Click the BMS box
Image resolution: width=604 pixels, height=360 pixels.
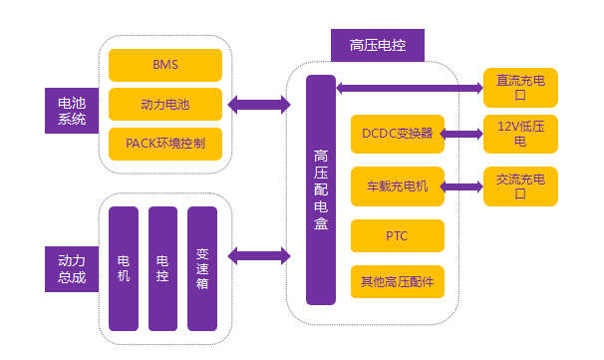click(x=164, y=65)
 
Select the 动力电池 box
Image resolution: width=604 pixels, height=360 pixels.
click(x=164, y=104)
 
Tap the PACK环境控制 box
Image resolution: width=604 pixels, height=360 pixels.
click(x=164, y=143)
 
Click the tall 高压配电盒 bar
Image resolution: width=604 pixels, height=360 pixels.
click(x=321, y=189)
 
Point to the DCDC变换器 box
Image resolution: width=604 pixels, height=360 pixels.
click(x=398, y=134)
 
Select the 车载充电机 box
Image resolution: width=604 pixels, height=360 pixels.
click(x=398, y=185)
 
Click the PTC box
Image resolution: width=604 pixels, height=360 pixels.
click(x=398, y=236)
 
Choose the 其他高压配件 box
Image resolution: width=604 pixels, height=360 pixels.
click(x=398, y=282)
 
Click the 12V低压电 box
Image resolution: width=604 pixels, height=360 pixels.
click(x=519, y=134)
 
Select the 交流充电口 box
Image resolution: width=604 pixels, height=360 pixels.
click(x=519, y=186)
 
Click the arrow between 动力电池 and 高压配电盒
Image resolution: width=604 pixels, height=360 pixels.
click(x=258, y=103)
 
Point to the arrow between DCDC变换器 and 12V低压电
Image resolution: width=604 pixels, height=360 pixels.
click(x=463, y=133)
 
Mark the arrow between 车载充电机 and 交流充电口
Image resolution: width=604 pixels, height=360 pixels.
click(x=463, y=185)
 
